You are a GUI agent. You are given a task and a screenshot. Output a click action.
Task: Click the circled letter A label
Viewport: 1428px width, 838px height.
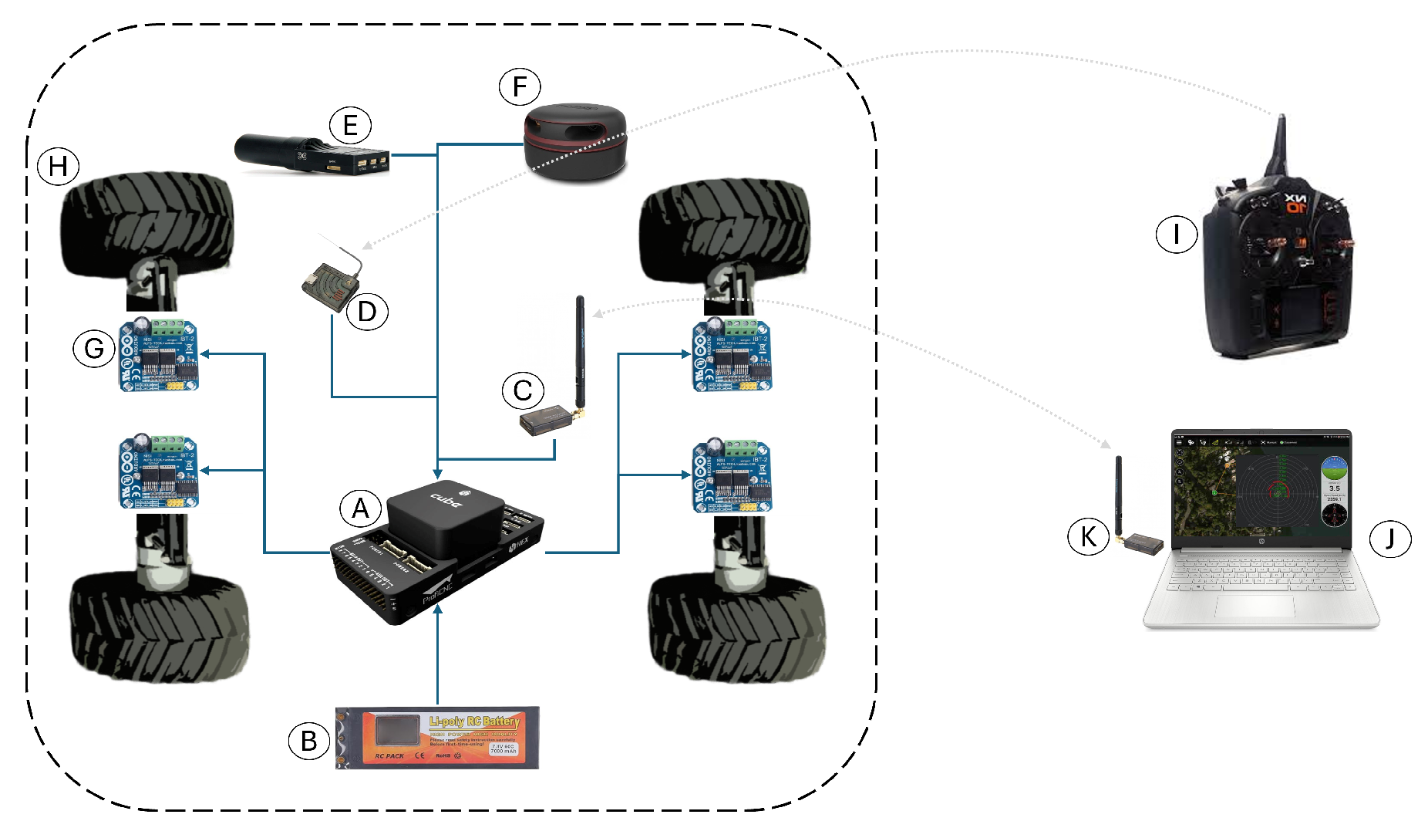[360, 509]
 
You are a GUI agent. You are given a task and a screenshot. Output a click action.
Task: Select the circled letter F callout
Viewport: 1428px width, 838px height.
[520, 87]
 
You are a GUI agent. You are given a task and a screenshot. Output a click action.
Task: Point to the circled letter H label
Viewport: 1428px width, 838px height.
[59, 167]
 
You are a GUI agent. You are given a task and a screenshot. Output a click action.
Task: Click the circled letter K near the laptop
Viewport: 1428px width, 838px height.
[1088, 536]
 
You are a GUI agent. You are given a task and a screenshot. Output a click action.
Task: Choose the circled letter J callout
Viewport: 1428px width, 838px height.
[1389, 538]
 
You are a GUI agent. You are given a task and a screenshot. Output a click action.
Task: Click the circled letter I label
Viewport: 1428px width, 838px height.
[1176, 234]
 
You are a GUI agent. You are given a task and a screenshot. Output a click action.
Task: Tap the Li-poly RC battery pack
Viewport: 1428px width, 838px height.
[437, 738]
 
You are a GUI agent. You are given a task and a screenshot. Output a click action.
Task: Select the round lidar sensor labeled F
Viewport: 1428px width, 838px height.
[575, 144]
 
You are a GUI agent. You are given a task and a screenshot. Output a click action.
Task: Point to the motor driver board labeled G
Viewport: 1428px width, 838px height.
[159, 356]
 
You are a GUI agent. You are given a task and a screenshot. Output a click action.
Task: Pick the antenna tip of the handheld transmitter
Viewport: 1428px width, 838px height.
[1281, 119]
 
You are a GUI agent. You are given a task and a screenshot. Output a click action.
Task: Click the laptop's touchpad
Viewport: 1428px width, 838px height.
[1255, 605]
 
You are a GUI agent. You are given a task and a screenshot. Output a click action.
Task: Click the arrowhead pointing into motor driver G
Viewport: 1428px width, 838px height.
[205, 354]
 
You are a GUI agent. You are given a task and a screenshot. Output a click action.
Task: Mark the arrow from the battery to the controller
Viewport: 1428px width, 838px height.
[437, 656]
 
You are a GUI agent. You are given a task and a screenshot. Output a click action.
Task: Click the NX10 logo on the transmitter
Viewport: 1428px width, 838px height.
[1296, 204]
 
